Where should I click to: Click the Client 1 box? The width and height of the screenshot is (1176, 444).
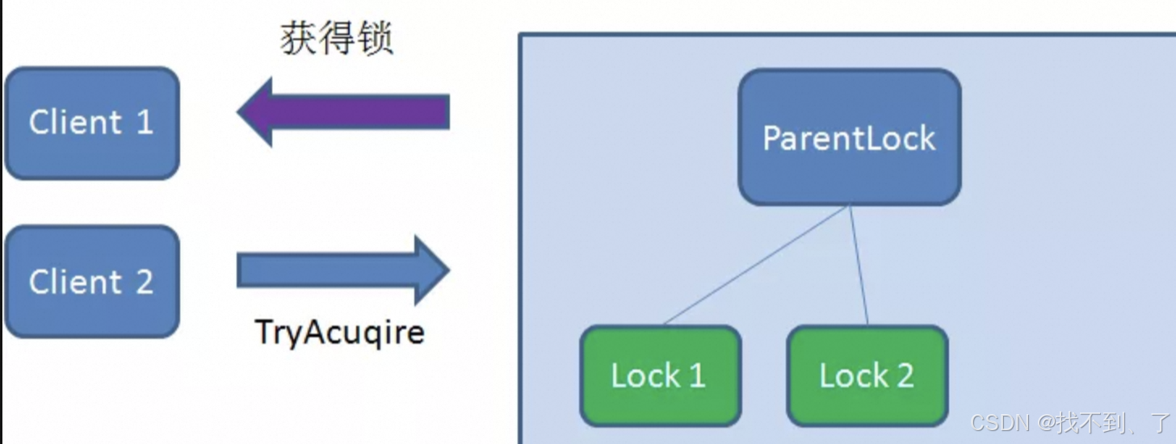[91, 123]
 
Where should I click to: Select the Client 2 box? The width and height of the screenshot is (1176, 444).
[91, 282]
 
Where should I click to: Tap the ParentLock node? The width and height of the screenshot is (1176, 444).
[849, 137]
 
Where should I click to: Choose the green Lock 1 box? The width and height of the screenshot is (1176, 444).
[660, 375]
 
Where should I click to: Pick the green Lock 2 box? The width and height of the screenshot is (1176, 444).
[867, 375]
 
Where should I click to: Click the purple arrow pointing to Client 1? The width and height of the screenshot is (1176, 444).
[343, 111]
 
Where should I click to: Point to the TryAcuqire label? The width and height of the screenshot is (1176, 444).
[339, 332]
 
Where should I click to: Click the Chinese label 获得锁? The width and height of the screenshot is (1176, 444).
[336, 39]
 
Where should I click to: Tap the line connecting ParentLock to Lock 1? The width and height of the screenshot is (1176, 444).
[755, 265]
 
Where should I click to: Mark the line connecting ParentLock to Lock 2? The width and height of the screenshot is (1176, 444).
[859, 265]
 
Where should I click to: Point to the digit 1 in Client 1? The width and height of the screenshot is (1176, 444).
[144, 123]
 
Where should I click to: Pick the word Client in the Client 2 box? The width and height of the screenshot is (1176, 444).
[75, 282]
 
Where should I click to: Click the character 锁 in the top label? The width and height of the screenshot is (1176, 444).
[375, 39]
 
